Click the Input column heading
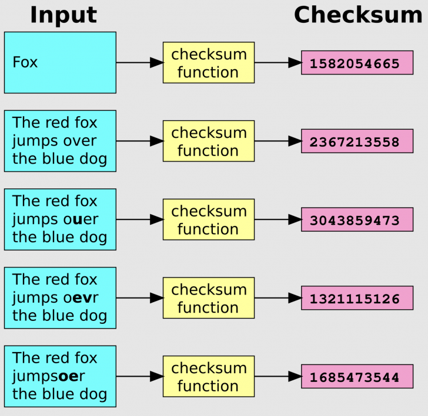63,15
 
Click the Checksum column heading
357,15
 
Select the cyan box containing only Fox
60,62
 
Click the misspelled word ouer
82,219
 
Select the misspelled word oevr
82,298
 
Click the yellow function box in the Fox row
208,63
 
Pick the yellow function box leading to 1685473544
208,376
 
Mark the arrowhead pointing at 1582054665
295,63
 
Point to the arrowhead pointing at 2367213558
295,141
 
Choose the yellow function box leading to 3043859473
208,220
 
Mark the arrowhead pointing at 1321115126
295,298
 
